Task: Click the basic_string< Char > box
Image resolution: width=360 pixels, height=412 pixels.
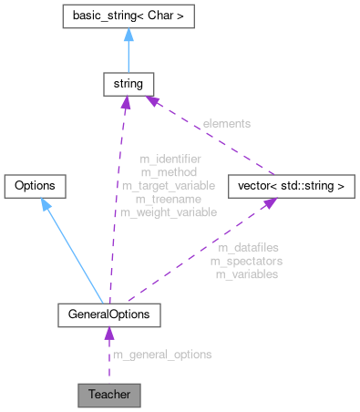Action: coord(125,15)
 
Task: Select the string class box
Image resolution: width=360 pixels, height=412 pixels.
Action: coord(125,85)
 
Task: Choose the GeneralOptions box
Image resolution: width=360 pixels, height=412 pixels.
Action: coord(109,314)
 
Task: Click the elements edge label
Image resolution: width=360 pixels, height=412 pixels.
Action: coord(227,122)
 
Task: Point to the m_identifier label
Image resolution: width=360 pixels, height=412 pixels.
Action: coord(170,159)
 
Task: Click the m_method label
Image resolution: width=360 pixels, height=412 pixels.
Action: coord(170,171)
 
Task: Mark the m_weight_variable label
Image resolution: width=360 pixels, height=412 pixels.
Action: coord(170,211)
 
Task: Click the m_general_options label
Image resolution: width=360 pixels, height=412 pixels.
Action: coord(162,355)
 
